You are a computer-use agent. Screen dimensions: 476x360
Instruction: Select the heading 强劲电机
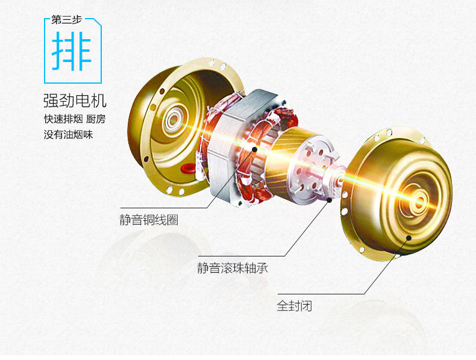coord(78,99)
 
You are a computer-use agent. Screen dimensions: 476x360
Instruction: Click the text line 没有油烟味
coord(69,134)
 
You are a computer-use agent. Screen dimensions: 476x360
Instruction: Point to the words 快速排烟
coord(59,117)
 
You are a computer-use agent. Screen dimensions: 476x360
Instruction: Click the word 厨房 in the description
coord(96,117)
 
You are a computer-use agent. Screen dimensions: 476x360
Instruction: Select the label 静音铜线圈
coord(148,220)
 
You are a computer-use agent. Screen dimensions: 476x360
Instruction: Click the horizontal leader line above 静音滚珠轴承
coord(241,255)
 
